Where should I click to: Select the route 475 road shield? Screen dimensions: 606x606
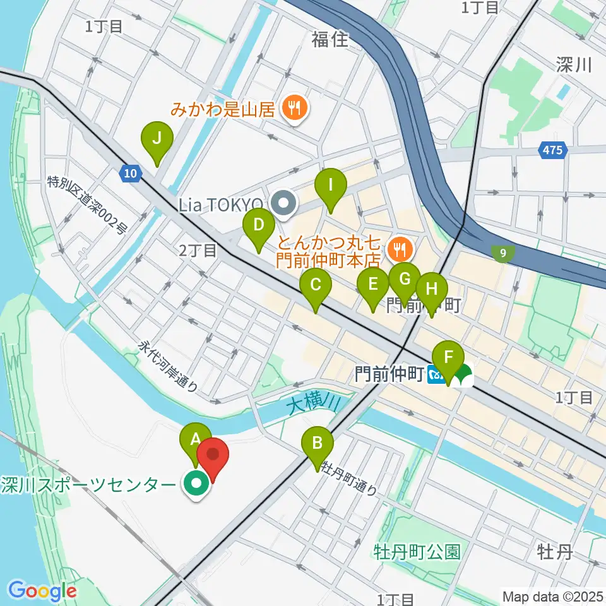[554, 150]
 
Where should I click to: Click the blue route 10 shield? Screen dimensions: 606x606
[130, 173]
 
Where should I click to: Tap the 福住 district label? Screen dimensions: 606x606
[330, 40]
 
